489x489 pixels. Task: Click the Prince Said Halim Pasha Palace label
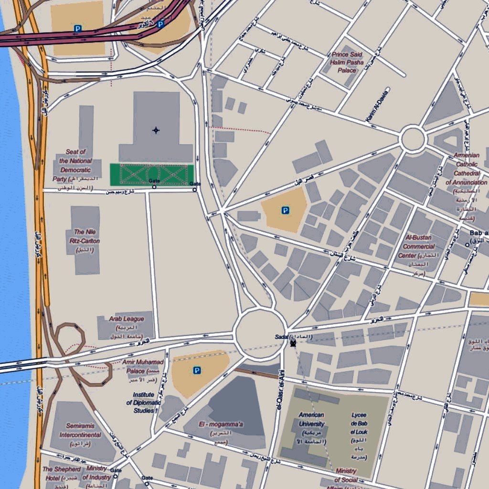click(347, 63)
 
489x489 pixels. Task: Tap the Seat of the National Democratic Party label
click(75, 165)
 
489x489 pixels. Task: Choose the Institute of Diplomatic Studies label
click(143, 403)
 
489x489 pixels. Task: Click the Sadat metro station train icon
click(293, 342)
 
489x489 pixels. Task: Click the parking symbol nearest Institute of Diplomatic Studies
click(197, 370)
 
